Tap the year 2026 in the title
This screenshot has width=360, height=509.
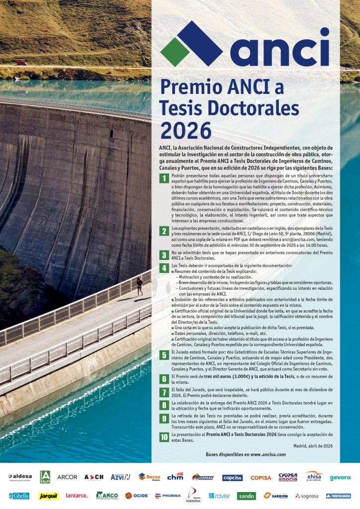[x=185, y=130]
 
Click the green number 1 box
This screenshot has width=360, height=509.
[x=164, y=179]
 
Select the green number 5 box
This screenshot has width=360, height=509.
[x=164, y=354]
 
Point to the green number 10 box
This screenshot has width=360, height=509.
[x=164, y=437]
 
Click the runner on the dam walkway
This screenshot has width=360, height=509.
[x=140, y=287]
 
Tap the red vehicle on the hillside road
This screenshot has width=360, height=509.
[x=21, y=63]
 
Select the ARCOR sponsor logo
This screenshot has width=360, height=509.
[x=67, y=477]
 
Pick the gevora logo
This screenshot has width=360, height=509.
[x=340, y=478]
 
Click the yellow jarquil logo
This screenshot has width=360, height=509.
[x=49, y=496]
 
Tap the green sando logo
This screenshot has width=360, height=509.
[x=247, y=496]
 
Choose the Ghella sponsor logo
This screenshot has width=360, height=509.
[x=19, y=496]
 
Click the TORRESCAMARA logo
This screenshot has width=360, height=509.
[x=338, y=496]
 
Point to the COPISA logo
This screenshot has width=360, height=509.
[x=261, y=478]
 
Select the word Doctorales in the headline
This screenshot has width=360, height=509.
[x=250, y=108]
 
